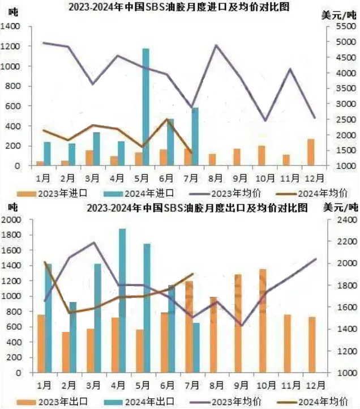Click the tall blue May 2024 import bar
click(x=146, y=107)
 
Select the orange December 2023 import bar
click(x=311, y=152)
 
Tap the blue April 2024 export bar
click(x=122, y=300)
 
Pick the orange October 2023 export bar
click(x=263, y=321)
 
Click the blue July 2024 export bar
click(x=196, y=348)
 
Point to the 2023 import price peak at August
click(x=216, y=45)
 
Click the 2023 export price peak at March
click(x=94, y=242)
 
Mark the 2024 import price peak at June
click(x=168, y=120)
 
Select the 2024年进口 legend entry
click(x=139, y=194)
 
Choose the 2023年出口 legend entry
click(x=52, y=402)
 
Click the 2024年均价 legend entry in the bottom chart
click(x=312, y=402)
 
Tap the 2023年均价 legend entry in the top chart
click(x=225, y=194)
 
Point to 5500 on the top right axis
click(x=346, y=27)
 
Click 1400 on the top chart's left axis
click(x=10, y=27)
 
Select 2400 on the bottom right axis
click(x=347, y=220)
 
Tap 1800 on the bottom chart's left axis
click(x=11, y=235)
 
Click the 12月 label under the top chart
click(x=315, y=178)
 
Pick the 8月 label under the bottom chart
click(x=217, y=385)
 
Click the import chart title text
click(x=179, y=7)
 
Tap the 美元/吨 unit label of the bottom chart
click(x=340, y=207)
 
